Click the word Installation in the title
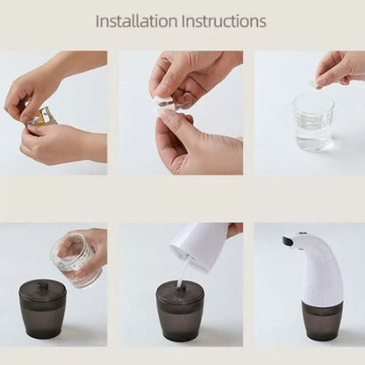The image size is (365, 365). pos(132,20)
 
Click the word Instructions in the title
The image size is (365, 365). pos(220,20)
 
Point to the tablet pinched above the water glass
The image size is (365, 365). pos(318,82)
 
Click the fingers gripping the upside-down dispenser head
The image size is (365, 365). pos(234,230)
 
